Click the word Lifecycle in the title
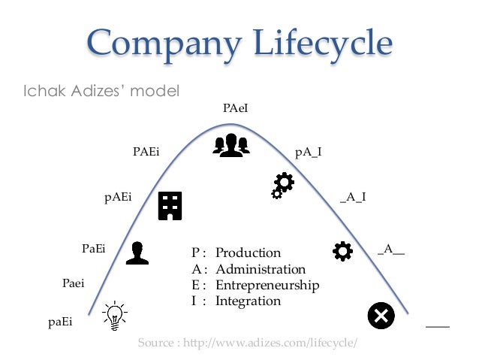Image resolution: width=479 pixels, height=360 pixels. [320, 43]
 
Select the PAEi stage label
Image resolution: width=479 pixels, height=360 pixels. [146, 152]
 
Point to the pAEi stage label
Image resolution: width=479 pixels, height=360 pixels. [118, 198]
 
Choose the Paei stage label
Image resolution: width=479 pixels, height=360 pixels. [73, 283]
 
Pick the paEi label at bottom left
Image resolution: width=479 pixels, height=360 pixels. [60, 322]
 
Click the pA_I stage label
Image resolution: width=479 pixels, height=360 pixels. [309, 152]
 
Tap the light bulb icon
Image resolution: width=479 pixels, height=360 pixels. [114, 316]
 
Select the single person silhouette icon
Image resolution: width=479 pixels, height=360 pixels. [136, 253]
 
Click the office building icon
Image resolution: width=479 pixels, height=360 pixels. [170, 205]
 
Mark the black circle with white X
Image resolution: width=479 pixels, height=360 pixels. [381, 316]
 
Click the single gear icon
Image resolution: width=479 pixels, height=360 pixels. [342, 251]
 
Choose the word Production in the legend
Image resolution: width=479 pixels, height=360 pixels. [248, 253]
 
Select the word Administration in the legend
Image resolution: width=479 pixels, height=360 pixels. [261, 269]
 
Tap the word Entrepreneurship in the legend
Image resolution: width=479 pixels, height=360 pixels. [267, 285]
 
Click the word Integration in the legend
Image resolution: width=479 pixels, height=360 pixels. [248, 301]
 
